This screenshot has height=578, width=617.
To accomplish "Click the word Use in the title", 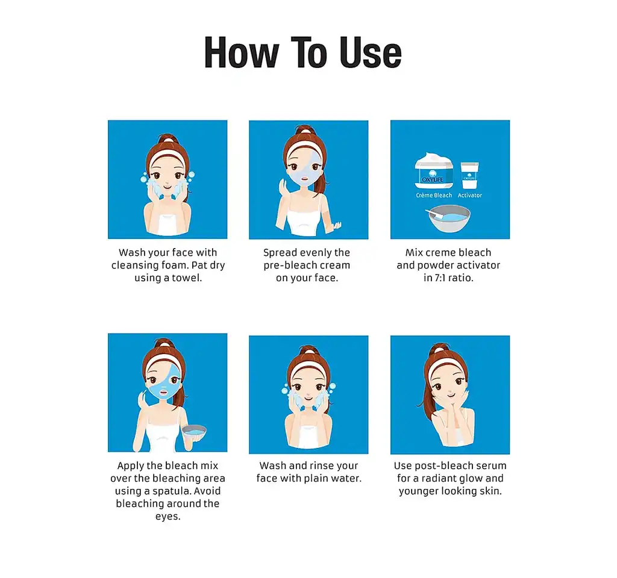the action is click(x=371, y=53).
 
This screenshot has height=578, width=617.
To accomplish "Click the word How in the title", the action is click(x=242, y=53).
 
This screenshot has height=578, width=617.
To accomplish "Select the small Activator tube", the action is click(x=470, y=175).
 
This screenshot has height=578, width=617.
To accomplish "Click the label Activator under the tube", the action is click(x=469, y=196).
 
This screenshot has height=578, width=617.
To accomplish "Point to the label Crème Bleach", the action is click(x=434, y=196).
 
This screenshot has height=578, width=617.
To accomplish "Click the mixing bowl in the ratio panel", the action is click(x=449, y=219).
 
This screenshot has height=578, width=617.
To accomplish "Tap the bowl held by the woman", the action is click(x=193, y=433).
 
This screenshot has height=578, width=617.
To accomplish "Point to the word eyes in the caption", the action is click(x=168, y=517).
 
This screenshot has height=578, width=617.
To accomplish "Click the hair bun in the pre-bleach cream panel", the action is click(x=305, y=130).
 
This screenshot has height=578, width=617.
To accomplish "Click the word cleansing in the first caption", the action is click(x=133, y=266).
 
